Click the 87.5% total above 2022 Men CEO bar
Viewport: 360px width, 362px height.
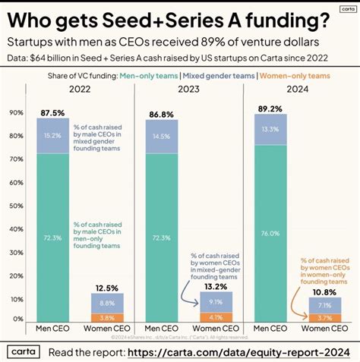click(53, 112)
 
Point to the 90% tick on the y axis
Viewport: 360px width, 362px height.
click(15, 113)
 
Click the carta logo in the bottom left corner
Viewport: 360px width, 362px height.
click(25, 352)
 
